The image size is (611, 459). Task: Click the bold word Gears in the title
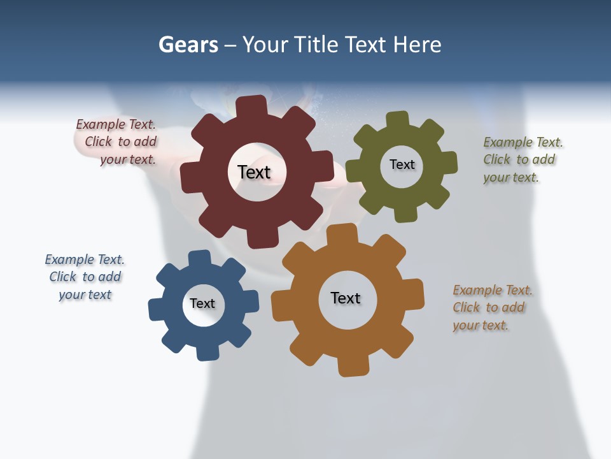pyautogui.click(x=188, y=45)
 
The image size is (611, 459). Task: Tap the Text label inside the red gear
pyautogui.click(x=254, y=172)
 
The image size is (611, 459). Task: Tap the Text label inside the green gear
pyautogui.click(x=402, y=164)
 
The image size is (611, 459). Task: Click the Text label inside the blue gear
pyautogui.click(x=202, y=303)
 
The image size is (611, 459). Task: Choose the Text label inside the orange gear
pyautogui.click(x=346, y=298)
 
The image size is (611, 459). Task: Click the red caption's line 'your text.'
pyautogui.click(x=127, y=159)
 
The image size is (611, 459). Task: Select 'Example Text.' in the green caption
pyautogui.click(x=523, y=142)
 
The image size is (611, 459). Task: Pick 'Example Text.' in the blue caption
pyautogui.click(x=84, y=259)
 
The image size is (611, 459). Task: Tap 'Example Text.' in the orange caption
pyautogui.click(x=492, y=290)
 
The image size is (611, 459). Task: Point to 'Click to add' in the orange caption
pyautogui.click(x=488, y=307)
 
